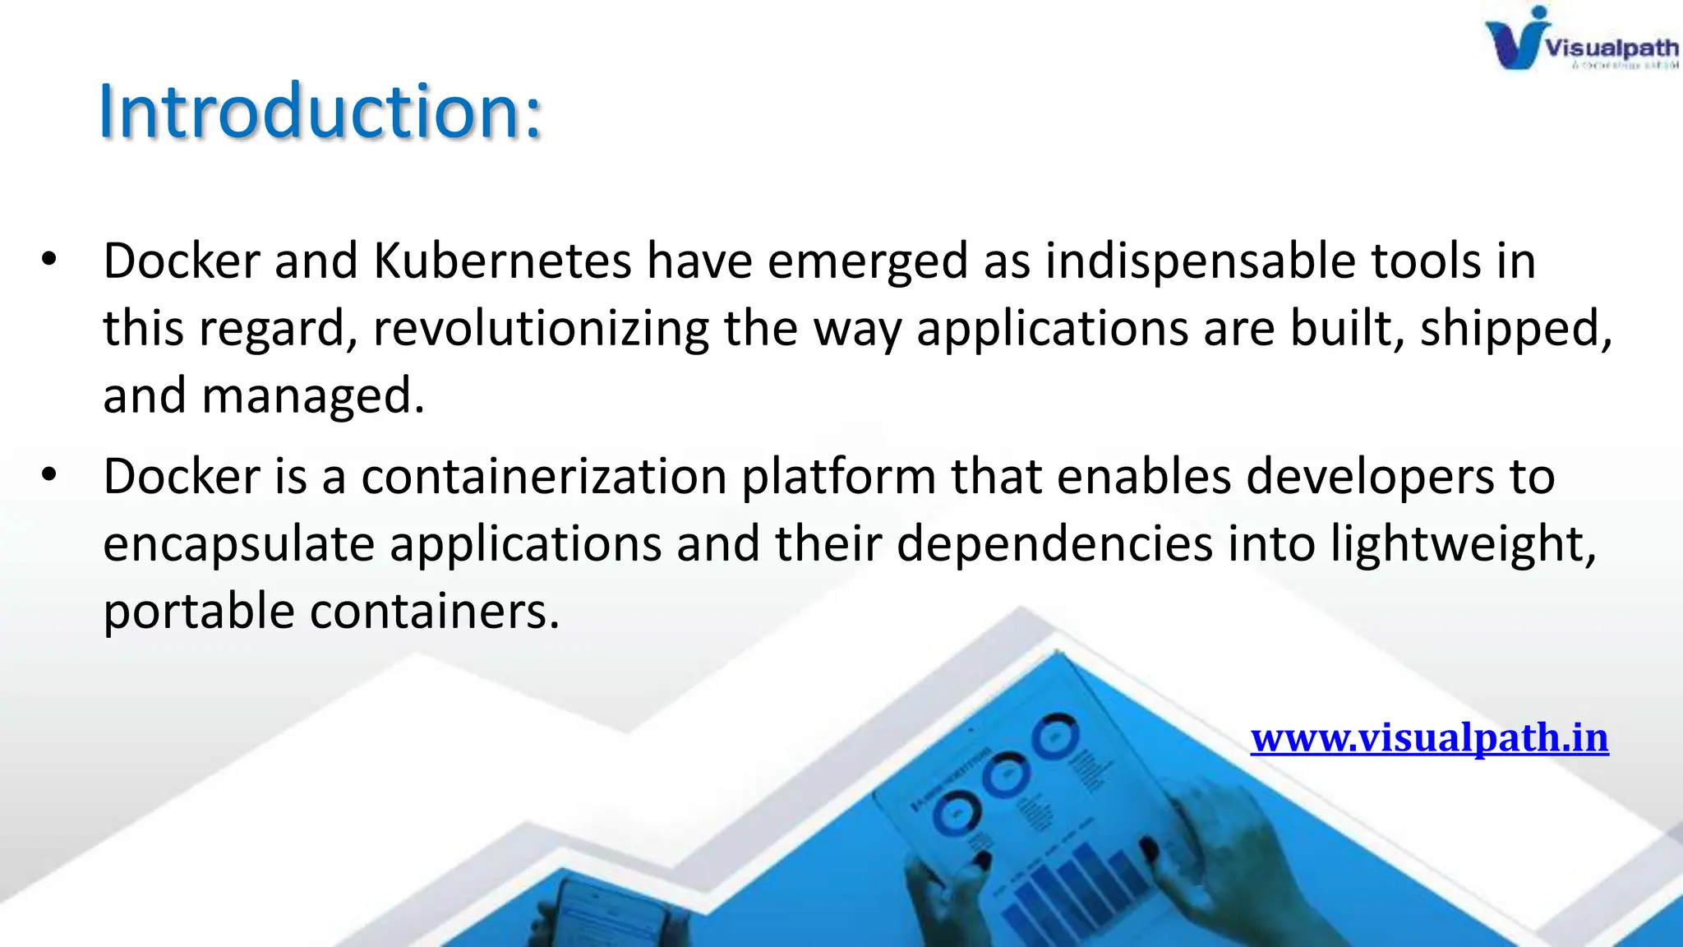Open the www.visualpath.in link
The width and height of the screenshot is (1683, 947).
(1429, 737)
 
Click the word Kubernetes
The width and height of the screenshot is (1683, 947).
(502, 261)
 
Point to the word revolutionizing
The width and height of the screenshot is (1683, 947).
(541, 329)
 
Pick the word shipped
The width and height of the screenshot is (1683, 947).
(1515, 329)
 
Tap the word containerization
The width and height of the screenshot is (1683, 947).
(544, 477)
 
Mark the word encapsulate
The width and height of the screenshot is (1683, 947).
(238, 544)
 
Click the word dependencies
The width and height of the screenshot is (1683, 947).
(1054, 544)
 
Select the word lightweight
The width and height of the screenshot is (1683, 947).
(1463, 544)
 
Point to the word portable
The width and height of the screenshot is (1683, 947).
(198, 612)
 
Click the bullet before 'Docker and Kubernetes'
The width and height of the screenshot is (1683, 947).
(49, 259)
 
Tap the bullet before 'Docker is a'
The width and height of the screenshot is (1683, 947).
(49, 474)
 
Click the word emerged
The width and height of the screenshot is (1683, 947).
(868, 261)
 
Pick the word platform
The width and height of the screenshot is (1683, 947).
(838, 477)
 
